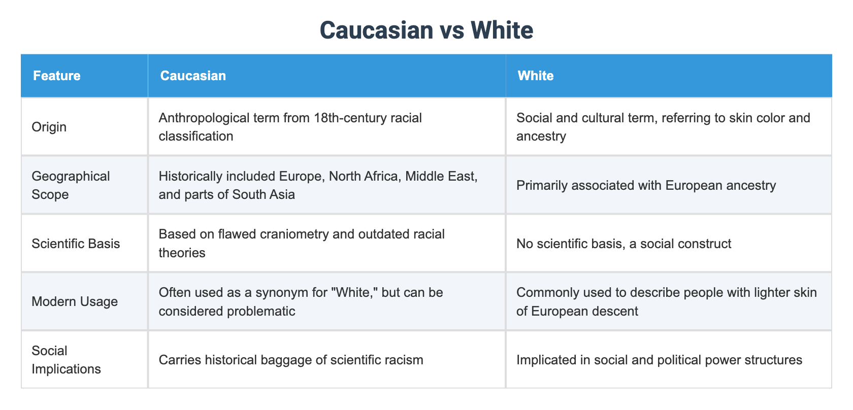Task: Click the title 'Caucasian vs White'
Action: click(x=426, y=30)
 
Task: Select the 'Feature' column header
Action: click(x=57, y=76)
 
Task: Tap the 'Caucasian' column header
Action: click(x=193, y=76)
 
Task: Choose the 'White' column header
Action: click(x=536, y=76)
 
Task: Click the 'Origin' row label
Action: click(x=49, y=127)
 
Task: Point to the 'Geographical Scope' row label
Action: click(x=71, y=185)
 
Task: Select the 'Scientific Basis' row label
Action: click(x=76, y=244)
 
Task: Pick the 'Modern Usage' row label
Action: click(x=75, y=301)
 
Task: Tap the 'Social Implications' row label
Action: click(x=66, y=360)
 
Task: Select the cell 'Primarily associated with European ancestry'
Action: click(x=646, y=185)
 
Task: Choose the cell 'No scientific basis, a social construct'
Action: click(x=624, y=244)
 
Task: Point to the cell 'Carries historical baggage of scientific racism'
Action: click(x=291, y=360)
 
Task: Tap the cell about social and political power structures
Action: click(x=659, y=360)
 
